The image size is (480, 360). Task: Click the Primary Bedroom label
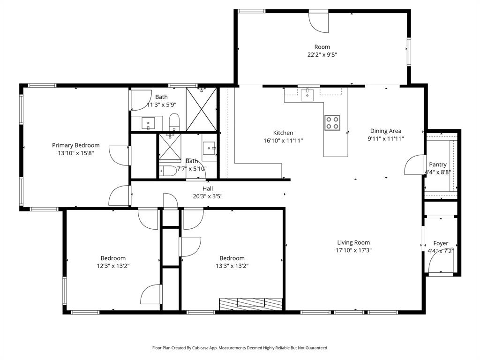[x=75, y=145]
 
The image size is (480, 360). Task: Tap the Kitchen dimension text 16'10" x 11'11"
[x=283, y=140]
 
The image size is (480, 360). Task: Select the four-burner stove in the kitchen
[x=332, y=122]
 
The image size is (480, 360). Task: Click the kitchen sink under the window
[x=307, y=95]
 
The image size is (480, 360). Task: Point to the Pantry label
[x=438, y=165]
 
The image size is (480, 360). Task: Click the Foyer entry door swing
[x=436, y=265]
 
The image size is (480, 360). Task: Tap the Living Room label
[x=353, y=242]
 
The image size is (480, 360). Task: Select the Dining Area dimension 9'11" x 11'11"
[x=386, y=138]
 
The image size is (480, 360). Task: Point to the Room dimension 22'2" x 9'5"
[x=322, y=54]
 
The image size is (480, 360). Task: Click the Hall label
[x=208, y=188]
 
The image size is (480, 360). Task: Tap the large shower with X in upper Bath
[x=201, y=109]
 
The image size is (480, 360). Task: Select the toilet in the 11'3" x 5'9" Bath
[x=174, y=122]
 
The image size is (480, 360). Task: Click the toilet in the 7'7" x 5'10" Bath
[x=167, y=170]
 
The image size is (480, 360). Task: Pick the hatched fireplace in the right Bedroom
[x=251, y=304]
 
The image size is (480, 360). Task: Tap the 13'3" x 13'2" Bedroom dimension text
[x=232, y=266]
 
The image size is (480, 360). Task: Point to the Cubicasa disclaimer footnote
[x=240, y=348]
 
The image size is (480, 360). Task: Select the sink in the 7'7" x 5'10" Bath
[x=209, y=150]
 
